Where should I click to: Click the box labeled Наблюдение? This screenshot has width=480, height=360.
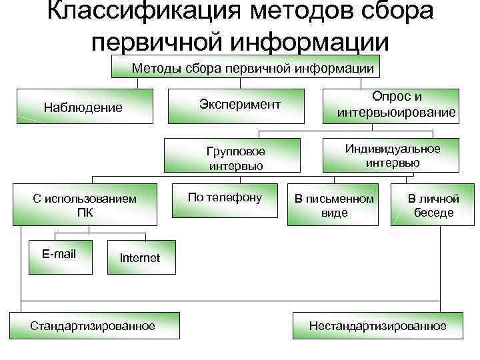[83, 107]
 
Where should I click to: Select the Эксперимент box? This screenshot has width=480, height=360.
[239, 105]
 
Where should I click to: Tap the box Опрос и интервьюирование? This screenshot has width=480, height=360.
[397, 105]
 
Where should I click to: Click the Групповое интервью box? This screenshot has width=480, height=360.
[236, 158]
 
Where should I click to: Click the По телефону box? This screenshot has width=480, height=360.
[225, 198]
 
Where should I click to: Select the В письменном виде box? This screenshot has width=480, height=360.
[334, 205]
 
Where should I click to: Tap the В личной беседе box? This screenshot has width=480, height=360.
[433, 205]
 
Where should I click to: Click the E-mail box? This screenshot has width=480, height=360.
[59, 254]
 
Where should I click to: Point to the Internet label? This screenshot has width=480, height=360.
[139, 258]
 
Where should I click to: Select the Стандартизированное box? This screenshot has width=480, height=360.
[92, 326]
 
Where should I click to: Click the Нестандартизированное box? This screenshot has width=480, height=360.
[377, 326]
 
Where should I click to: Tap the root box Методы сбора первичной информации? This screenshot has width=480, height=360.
[253, 68]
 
